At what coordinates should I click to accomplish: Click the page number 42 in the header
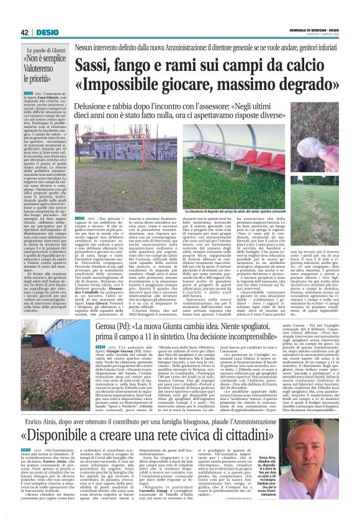pyautogui.click(x=25, y=32)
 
